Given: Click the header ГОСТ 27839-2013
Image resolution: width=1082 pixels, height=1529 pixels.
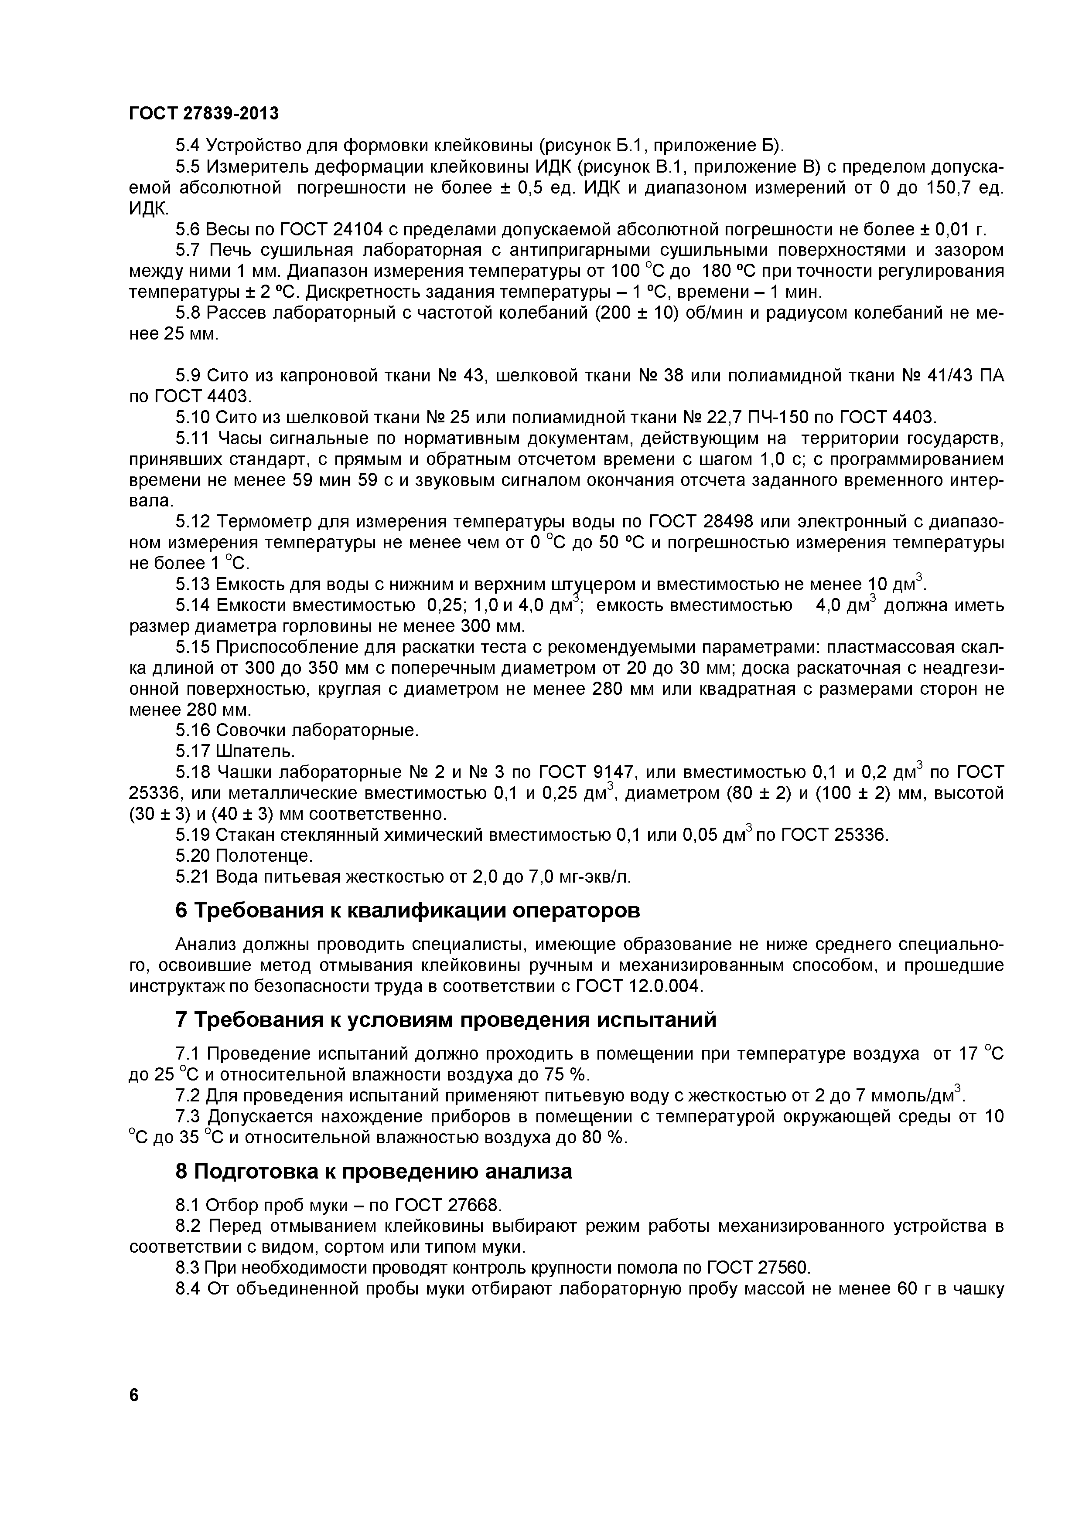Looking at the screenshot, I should (x=203, y=114).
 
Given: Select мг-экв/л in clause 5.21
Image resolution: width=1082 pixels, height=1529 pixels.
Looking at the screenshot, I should (x=593, y=877).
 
